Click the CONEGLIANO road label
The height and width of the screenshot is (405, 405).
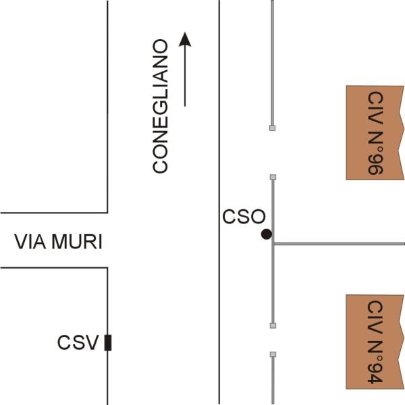(x=160, y=107)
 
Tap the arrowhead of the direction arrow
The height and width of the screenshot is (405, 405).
(x=185, y=39)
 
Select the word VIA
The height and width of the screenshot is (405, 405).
(x=29, y=242)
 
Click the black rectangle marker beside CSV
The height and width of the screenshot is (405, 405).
(x=108, y=343)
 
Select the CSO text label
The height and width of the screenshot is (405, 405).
(x=244, y=217)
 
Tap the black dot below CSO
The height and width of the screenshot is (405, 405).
(x=267, y=234)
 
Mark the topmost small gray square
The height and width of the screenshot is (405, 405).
(x=273, y=128)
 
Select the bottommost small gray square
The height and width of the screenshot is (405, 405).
(x=273, y=354)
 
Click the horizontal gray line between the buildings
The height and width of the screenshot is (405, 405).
(x=337, y=243)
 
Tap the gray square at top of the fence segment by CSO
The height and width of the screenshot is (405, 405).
(x=273, y=177)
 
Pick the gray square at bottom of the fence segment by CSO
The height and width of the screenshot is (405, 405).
(x=273, y=325)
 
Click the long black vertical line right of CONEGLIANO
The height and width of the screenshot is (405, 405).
(x=219, y=202)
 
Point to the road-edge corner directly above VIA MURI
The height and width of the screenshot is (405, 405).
(x=107, y=212)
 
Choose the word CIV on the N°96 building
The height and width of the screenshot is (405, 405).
(x=375, y=104)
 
